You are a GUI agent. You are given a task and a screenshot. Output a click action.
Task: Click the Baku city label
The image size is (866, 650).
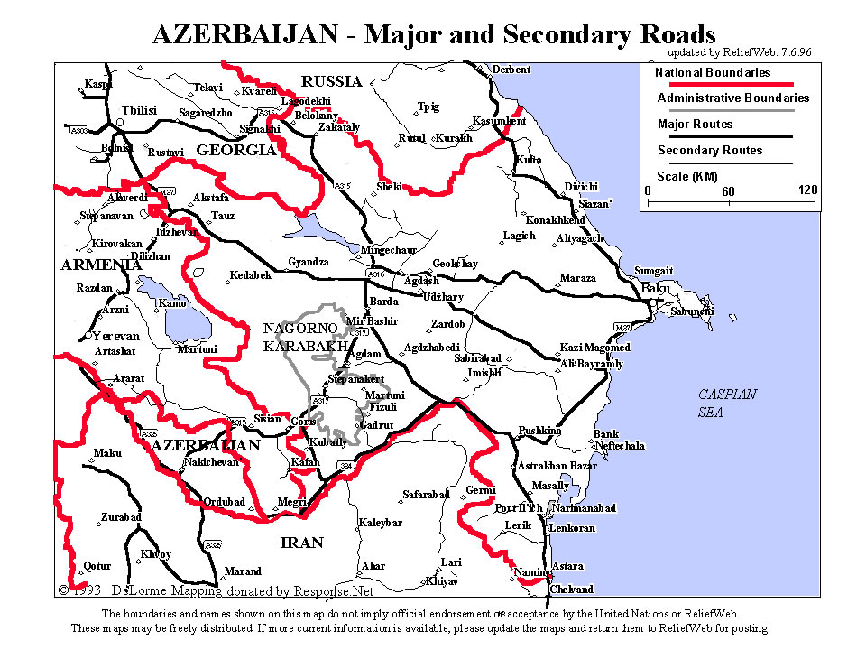click(656, 288)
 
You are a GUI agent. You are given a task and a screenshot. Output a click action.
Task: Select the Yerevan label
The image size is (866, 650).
click(115, 336)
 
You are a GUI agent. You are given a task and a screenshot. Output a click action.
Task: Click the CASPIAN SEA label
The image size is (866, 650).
click(728, 403)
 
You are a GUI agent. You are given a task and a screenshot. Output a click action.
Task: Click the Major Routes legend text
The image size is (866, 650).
click(695, 125)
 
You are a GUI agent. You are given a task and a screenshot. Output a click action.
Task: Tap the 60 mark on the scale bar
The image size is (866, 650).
click(728, 191)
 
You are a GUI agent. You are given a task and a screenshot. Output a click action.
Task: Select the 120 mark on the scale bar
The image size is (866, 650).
click(807, 190)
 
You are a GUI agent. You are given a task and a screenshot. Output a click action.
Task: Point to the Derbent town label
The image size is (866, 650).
click(511, 70)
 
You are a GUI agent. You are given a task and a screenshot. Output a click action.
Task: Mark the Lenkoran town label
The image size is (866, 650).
click(572, 527)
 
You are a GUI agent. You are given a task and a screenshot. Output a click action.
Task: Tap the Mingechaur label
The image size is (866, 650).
click(388, 249)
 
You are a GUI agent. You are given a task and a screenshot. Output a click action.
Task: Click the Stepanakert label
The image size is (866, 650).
click(356, 378)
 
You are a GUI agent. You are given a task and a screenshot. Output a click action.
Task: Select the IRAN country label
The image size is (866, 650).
click(301, 543)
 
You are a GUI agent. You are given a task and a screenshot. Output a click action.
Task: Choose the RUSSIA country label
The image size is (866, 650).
click(331, 81)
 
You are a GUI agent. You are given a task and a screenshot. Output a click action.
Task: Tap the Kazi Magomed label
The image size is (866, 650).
click(594, 348)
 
